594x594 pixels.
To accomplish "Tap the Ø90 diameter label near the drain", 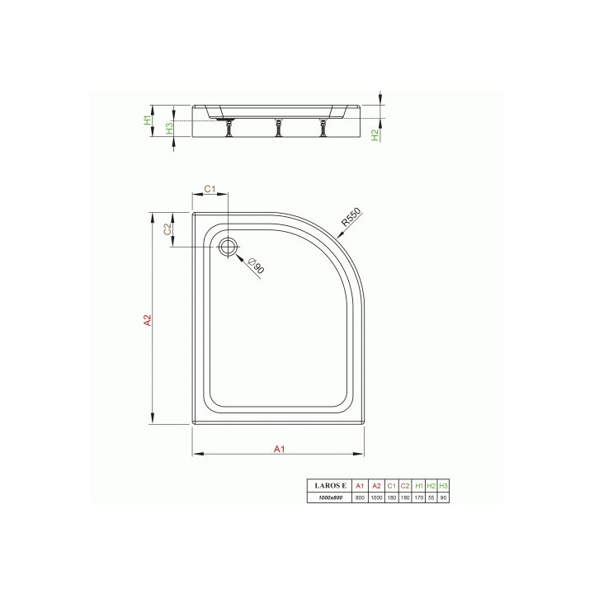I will (x=257, y=266).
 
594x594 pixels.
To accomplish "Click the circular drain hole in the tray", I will (x=229, y=245).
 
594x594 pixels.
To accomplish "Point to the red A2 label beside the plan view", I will (x=147, y=319).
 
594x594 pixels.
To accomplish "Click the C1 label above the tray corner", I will (x=210, y=189).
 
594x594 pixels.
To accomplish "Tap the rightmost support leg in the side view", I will (x=323, y=127).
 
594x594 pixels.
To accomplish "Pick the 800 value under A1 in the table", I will (x=360, y=498).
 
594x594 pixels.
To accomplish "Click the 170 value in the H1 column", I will (x=419, y=498).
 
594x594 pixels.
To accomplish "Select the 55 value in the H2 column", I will (x=431, y=498).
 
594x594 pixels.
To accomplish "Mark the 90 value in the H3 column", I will (x=444, y=498).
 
